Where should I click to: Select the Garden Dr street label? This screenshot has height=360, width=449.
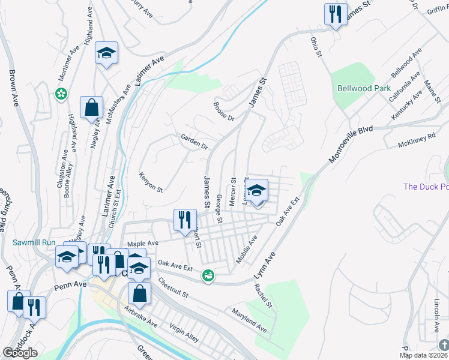194,142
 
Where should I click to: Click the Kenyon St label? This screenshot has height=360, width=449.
151,181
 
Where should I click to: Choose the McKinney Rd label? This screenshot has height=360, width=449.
416,145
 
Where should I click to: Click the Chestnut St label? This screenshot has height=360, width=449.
173,287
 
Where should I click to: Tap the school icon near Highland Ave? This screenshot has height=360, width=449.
106,53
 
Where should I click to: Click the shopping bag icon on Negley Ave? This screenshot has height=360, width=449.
91,108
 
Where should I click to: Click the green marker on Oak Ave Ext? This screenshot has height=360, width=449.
208,275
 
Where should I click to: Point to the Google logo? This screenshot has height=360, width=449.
20,353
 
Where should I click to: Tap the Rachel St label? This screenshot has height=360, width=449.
264,295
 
